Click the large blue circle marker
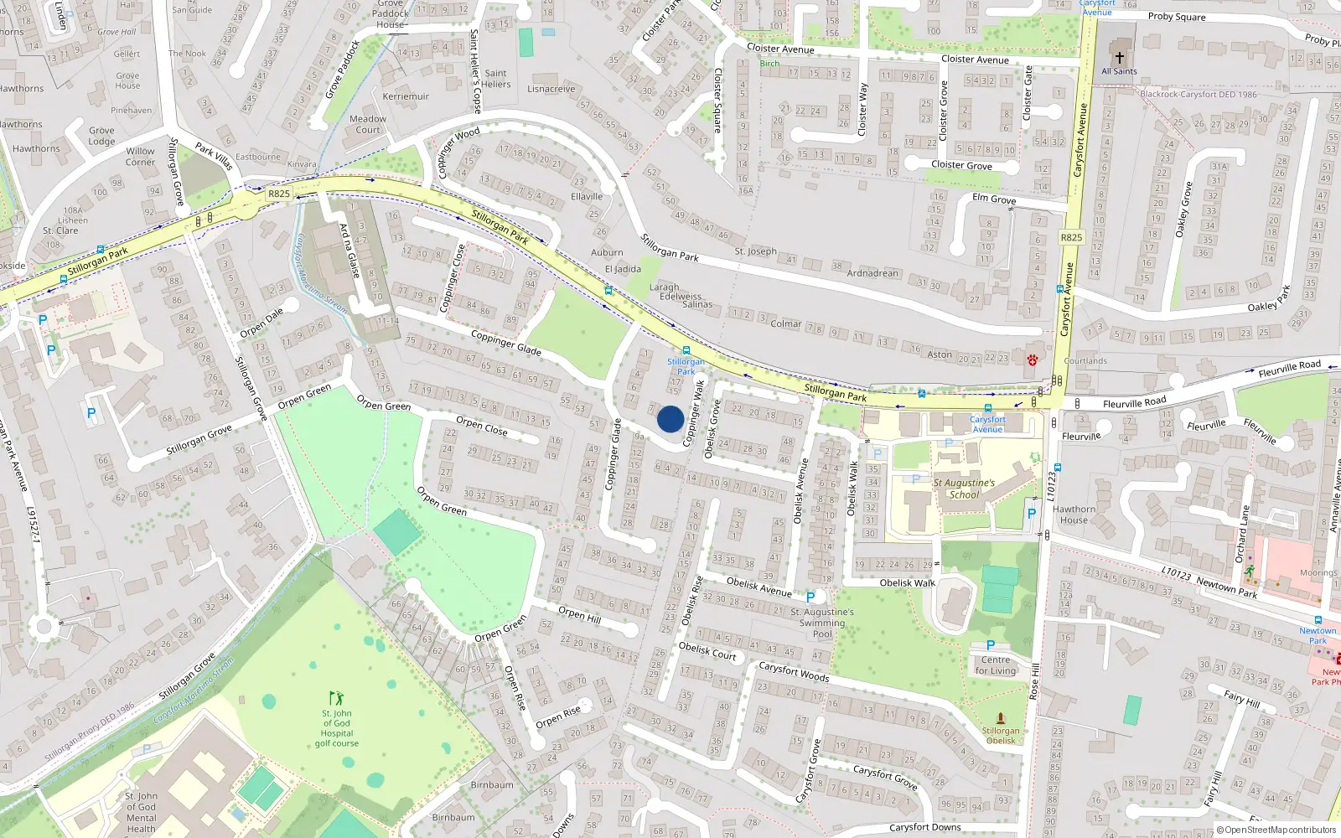pyautogui.click(x=670, y=419)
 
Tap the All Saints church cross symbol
pyautogui.click(x=1119, y=58)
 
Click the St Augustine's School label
pyautogui.click(x=964, y=489)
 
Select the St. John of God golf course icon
pyautogui.click(x=336, y=698)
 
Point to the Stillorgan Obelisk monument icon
pyautogui.click(x=1000, y=718)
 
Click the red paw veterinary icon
pyautogui.click(x=1032, y=360)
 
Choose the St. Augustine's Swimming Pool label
pyautogui.click(x=822, y=623)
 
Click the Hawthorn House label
pyautogui.click(x=1074, y=515)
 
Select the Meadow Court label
pyautogui.click(x=368, y=124)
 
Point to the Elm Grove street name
pyautogui.click(x=994, y=199)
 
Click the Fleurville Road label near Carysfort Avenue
pyautogui.click(x=1134, y=403)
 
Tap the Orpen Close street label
pyautogui.click(x=481, y=426)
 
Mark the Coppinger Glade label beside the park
pyautogui.click(x=505, y=342)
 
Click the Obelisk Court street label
pyautogui.click(x=707, y=651)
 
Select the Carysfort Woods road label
pyautogui.click(x=794, y=672)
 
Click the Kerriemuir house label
pyautogui.click(x=406, y=96)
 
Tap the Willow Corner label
pyautogui.click(x=140, y=157)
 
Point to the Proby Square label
pyautogui.click(x=1177, y=17)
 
